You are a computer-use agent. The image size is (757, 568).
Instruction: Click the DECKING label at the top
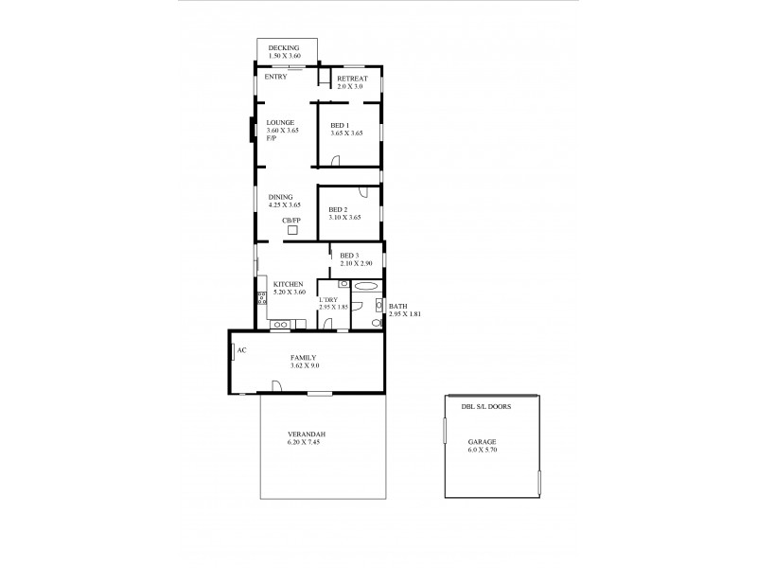(284, 47)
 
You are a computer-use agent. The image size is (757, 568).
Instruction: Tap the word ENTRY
(275, 77)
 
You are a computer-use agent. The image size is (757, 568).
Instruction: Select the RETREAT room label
(351, 79)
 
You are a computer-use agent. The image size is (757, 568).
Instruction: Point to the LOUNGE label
(280, 122)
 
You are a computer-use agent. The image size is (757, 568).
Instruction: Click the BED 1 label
(340, 126)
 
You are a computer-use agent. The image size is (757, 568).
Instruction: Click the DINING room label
(280, 197)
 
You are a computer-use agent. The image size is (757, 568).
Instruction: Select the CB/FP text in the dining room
(291, 220)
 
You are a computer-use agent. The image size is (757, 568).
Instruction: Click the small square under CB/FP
(292, 230)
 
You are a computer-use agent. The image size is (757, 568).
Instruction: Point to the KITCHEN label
(288, 285)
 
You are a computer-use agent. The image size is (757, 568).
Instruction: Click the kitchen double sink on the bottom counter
(280, 326)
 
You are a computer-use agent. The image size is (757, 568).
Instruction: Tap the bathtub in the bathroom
(366, 285)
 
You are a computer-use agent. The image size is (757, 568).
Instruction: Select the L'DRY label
(328, 300)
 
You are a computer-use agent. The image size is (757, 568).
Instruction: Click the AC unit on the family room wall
(232, 351)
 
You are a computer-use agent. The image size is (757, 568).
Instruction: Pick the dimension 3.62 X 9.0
(305, 365)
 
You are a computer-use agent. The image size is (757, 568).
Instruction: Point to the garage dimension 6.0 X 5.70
(483, 451)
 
